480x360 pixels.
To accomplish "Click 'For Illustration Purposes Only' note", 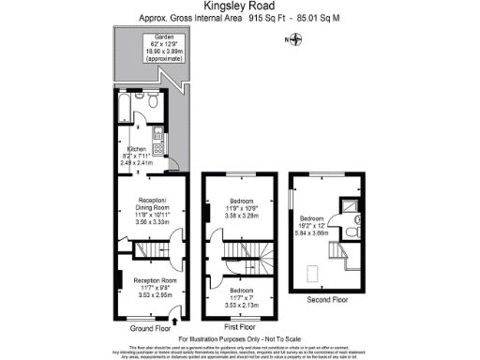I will (x=239, y=337).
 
